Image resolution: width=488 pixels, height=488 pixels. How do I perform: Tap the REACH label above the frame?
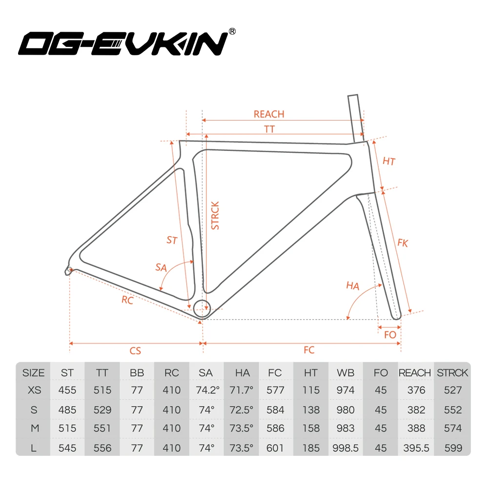(x=268, y=114)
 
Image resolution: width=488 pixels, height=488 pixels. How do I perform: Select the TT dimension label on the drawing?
(x=269, y=129)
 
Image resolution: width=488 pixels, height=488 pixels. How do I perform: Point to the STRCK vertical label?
(x=215, y=215)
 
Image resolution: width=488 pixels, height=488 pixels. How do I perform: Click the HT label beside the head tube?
(x=389, y=161)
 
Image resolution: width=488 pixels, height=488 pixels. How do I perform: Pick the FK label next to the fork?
(x=403, y=243)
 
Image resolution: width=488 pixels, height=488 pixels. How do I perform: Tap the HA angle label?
(x=352, y=286)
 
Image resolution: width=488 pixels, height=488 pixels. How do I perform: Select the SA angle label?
(x=161, y=267)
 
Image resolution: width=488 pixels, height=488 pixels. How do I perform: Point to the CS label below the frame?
(x=135, y=350)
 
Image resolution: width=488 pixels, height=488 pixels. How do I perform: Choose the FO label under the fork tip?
(x=390, y=335)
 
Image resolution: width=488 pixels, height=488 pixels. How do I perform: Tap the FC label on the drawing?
(x=309, y=350)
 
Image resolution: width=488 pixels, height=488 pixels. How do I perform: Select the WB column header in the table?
(x=346, y=373)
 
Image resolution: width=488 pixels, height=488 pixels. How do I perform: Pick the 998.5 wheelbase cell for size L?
(x=346, y=447)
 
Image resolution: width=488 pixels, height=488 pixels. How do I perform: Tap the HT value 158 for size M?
(x=310, y=428)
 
